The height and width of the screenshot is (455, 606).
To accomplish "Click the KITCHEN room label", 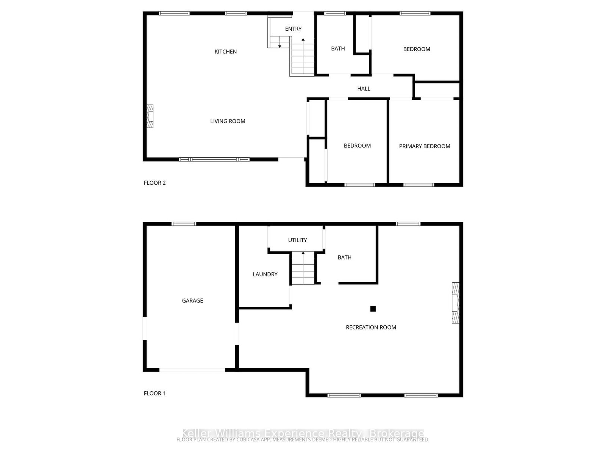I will coord(225,52).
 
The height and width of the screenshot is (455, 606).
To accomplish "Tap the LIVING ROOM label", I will coord(228,121).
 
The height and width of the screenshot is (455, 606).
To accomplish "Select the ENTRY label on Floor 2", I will coord(293,29).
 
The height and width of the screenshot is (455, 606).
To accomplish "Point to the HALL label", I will coord(364,89).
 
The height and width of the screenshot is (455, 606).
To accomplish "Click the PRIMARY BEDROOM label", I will coord(425,146).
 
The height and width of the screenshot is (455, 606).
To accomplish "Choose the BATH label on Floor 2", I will coord(338,49).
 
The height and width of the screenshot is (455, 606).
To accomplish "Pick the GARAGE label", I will coord(192,301).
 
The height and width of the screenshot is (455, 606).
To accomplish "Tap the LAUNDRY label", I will coord(265,274).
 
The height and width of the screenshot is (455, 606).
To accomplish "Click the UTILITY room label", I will coord(297,240).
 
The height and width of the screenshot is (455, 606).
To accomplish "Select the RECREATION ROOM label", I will coord(371,327).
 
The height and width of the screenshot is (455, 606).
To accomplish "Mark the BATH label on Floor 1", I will coord(344,257).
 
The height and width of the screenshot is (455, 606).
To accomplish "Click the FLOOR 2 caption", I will coord(155,183).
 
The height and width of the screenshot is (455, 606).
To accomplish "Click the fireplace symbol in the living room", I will coord(150,116).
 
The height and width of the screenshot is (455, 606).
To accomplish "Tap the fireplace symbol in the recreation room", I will coord(456,303).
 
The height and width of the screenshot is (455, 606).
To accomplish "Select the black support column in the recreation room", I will coord(373,309).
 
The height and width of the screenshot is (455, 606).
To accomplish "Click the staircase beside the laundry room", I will coord(303,269).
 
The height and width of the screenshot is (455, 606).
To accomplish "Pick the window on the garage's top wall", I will coord(184,224).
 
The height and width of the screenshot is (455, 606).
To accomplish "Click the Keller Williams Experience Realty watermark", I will coord(303,433).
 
